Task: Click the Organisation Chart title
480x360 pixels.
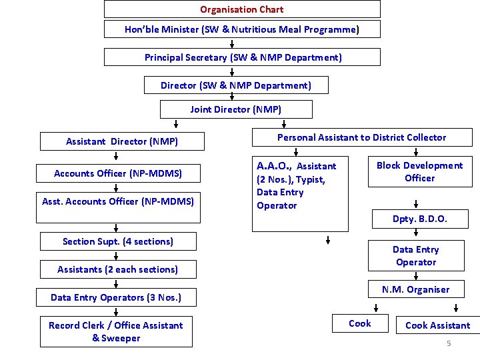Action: [242, 9]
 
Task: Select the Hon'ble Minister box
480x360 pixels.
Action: [242, 29]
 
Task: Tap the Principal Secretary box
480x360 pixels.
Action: [243, 57]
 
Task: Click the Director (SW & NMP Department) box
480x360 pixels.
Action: [235, 85]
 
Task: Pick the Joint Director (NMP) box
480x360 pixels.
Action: [235, 109]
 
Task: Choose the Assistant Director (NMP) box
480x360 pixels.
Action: [121, 141]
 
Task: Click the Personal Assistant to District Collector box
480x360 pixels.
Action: [361, 137]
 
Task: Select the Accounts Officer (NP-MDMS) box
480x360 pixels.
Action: [117, 173]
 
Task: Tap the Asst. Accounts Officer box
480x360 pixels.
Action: [117, 201]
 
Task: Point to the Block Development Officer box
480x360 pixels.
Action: [419, 172]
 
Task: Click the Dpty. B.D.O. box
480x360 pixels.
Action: [419, 219]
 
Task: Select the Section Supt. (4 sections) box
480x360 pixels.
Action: [117, 241]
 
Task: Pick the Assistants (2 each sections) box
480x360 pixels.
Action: [117, 269]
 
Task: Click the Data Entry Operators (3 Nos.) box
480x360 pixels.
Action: [116, 297]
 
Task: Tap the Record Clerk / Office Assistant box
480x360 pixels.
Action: [116, 331]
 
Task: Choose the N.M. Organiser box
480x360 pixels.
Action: [415, 289]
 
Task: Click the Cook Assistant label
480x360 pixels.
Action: [437, 325]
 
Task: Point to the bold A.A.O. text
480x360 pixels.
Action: [274, 165]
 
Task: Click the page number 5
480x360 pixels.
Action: [449, 343]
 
